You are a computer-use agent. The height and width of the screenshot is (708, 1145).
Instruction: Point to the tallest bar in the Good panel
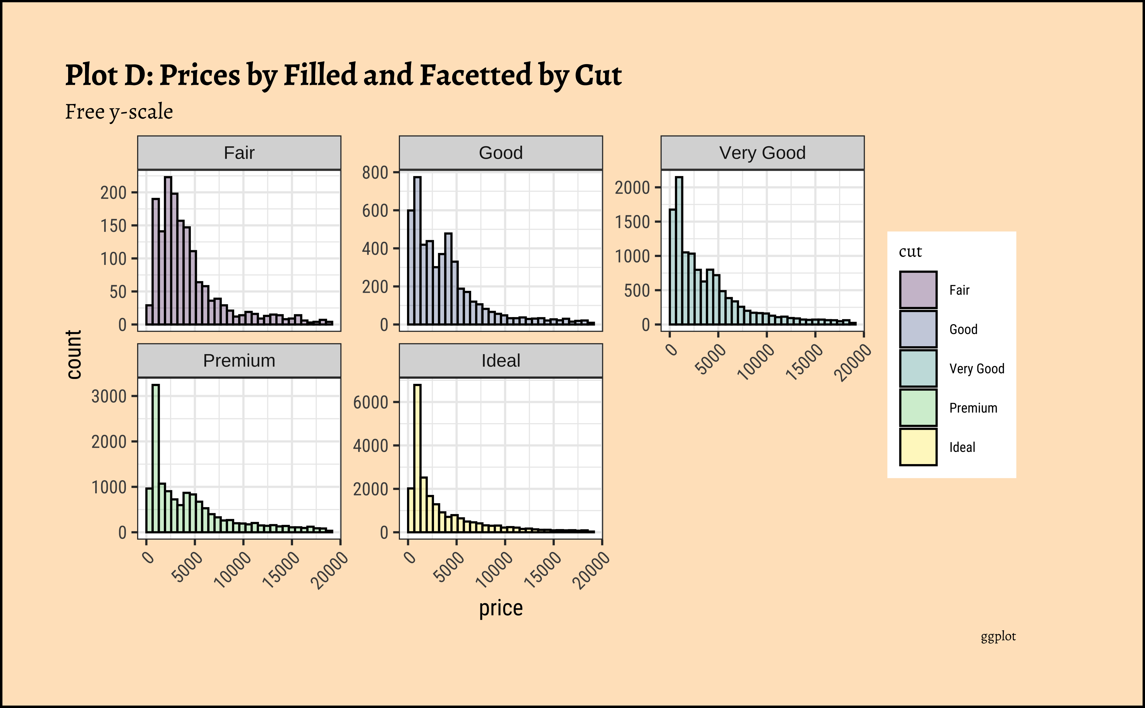point(417,250)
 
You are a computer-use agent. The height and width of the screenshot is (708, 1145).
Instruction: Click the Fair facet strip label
point(239,153)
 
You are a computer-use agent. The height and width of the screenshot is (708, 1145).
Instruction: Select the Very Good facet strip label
point(762,153)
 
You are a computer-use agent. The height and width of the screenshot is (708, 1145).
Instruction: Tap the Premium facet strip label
point(239,361)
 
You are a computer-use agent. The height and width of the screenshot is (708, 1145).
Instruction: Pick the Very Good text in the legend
point(977,369)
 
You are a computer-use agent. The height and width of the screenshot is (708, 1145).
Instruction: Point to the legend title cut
point(910,252)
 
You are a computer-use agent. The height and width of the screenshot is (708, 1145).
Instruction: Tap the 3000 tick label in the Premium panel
point(109,397)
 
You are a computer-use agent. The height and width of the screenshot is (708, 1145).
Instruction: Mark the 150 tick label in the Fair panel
point(114,226)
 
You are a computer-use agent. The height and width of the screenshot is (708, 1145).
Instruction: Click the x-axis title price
point(501,608)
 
